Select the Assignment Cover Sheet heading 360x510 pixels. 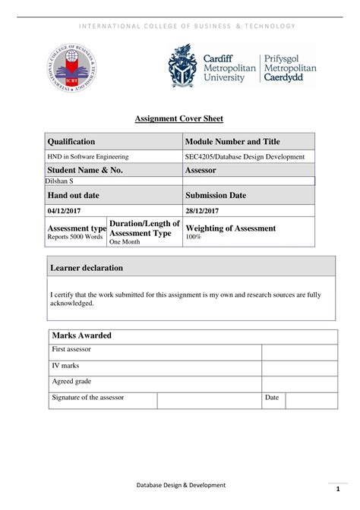(179, 118)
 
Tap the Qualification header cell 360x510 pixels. (72, 142)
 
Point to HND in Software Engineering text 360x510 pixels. (89, 156)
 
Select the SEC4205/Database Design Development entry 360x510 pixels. (245, 156)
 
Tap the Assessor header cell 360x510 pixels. (201, 171)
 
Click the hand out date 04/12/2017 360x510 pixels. (62, 209)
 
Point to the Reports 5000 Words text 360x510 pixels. (75, 238)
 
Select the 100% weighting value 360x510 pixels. (194, 238)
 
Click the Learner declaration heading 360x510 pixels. (87, 268)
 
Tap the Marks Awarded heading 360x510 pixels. (81, 335)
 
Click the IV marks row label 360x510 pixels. (65, 366)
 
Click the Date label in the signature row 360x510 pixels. (272, 398)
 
